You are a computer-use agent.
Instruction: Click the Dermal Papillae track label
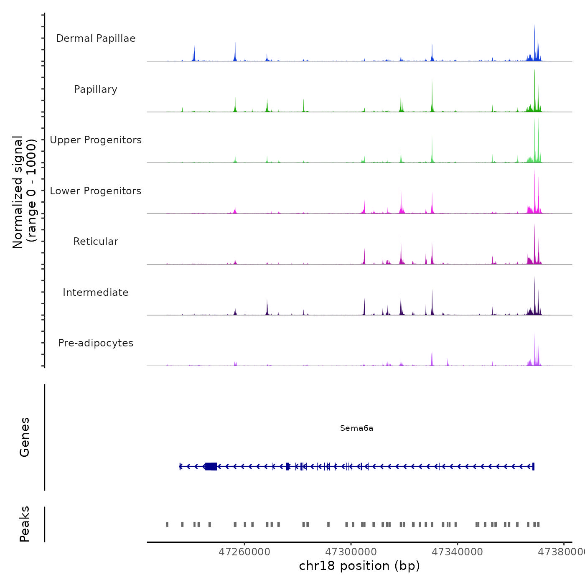tap(96, 38)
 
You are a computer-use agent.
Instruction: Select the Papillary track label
tap(96, 89)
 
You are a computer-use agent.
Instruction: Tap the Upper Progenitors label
tap(96, 140)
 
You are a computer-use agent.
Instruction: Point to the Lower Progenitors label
tap(96, 191)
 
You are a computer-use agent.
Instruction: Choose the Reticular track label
tap(96, 242)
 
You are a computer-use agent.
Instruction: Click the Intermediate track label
tap(96, 292)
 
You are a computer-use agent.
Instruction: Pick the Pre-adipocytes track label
tap(96, 343)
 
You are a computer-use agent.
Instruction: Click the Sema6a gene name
tap(356, 428)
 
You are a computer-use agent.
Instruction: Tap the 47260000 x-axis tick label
tap(244, 552)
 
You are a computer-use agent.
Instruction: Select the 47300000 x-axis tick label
tap(351, 552)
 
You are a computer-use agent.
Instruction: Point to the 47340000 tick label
tap(457, 552)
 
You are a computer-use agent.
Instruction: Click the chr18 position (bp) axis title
tap(359, 566)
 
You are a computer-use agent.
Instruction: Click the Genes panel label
tap(25, 437)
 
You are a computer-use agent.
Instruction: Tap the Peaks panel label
tap(25, 524)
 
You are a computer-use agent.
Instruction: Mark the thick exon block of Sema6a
tap(211, 466)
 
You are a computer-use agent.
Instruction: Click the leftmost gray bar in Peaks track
tap(167, 524)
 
